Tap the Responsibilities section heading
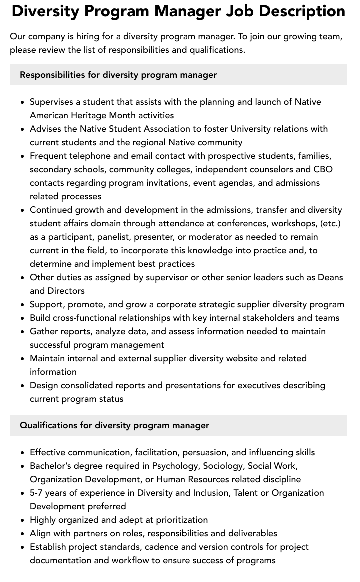tap(118, 75)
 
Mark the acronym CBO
tap(323, 169)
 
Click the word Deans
tap(330, 277)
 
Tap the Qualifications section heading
tap(114, 425)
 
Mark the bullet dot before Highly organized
tap(22, 520)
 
